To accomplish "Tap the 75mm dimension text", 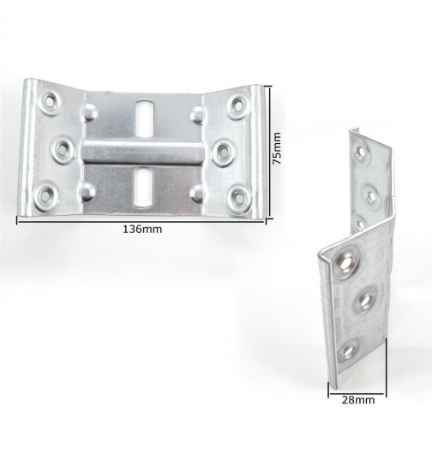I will point(277,148).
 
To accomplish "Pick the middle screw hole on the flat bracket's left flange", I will point(63,149).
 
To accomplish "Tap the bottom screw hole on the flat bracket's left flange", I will point(54,194).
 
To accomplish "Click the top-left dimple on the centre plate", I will point(90,111).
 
